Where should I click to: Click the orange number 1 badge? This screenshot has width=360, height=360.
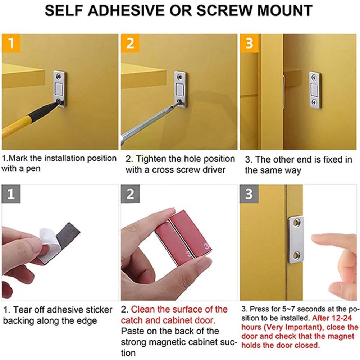click(x=11, y=43)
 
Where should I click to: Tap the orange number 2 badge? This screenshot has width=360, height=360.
click(x=130, y=43)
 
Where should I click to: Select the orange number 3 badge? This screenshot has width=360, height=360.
click(x=249, y=43)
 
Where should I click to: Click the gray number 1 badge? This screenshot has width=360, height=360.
click(x=11, y=194)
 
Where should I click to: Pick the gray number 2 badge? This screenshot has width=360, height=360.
click(x=130, y=194)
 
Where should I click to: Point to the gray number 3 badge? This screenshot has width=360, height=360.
click(x=249, y=194)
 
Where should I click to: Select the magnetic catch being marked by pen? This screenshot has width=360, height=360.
click(x=60, y=88)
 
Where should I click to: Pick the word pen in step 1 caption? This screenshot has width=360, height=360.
click(x=34, y=168)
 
